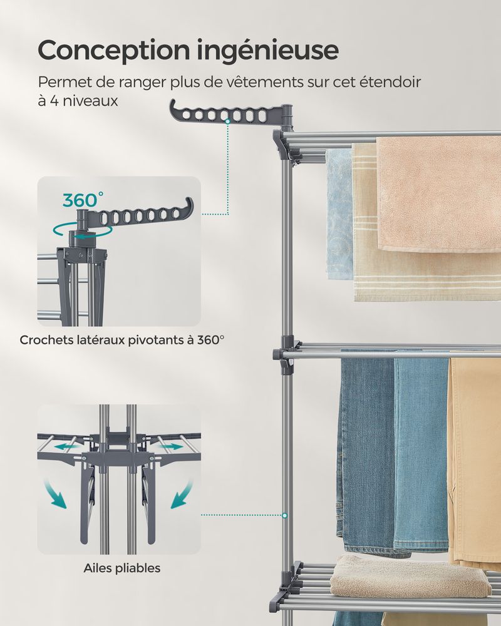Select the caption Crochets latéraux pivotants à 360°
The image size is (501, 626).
tap(122, 340)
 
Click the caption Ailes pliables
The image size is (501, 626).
tap(122, 568)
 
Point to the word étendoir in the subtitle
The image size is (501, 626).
tap(390, 82)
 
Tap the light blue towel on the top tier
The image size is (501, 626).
tap(339, 214)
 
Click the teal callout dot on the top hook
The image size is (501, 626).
tap(227, 121)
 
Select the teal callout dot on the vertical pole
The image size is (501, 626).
tap(284, 515)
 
